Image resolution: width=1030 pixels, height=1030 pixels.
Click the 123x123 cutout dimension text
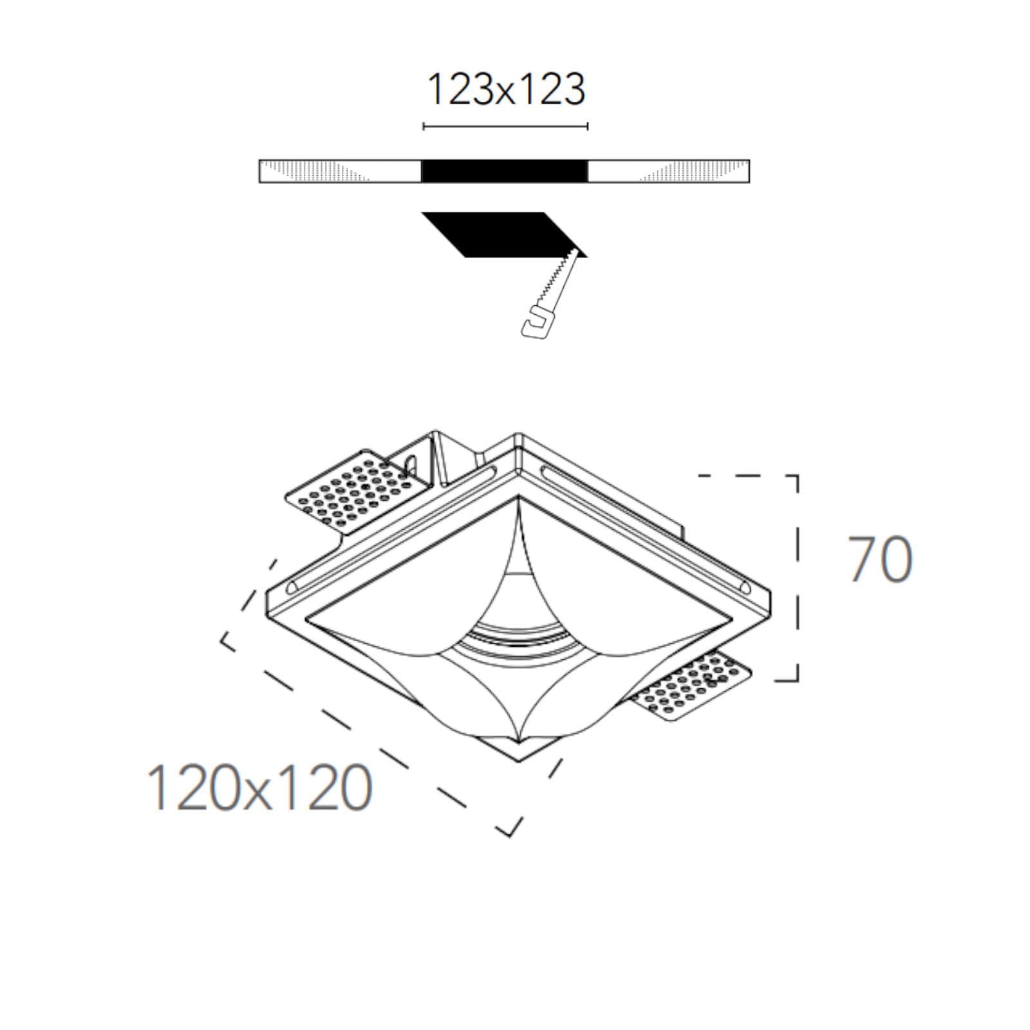point(506,89)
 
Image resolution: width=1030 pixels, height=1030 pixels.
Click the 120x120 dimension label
point(260,788)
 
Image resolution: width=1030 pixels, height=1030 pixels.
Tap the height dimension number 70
point(880,559)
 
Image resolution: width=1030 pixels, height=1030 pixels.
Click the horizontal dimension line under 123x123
point(505,126)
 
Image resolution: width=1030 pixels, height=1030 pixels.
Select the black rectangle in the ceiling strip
point(505,171)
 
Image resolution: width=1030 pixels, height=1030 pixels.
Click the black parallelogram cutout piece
point(504,234)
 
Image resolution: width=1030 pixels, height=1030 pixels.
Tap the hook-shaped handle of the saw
point(538,323)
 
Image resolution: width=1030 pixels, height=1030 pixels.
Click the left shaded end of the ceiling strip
point(315,171)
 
